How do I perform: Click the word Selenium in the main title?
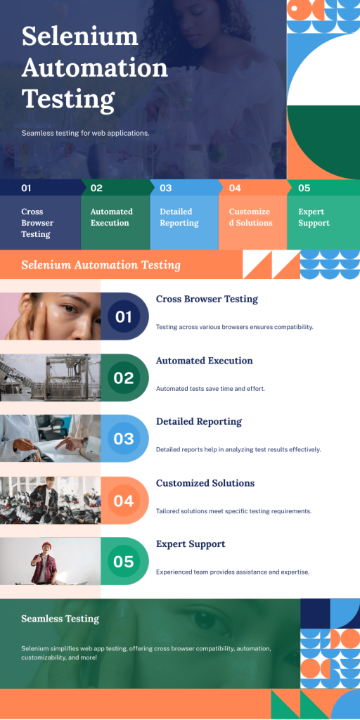[x=80, y=36]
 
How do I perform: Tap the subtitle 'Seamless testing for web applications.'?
[x=85, y=133]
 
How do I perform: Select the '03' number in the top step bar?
[x=166, y=188]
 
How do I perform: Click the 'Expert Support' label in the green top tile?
[x=314, y=217]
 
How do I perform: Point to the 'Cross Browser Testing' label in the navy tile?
[x=37, y=223]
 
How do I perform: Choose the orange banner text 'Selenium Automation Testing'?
[x=101, y=265]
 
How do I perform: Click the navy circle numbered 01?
[x=124, y=316]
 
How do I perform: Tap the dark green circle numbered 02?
[x=124, y=378]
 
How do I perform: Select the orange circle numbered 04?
[x=124, y=500]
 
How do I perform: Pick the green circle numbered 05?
[x=124, y=561]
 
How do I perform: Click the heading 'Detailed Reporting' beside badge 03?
[x=199, y=422]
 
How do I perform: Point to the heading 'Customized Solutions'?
[x=205, y=483]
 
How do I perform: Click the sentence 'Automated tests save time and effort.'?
[x=211, y=388]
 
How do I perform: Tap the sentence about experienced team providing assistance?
[x=233, y=572]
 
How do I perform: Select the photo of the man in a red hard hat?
[x=51, y=561]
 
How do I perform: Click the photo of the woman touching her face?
[x=51, y=316]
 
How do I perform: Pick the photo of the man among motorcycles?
[x=51, y=500]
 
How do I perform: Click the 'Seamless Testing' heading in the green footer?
[x=60, y=619]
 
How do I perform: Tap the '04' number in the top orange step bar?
[x=235, y=188]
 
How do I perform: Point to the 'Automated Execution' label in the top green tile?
[x=112, y=217]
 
